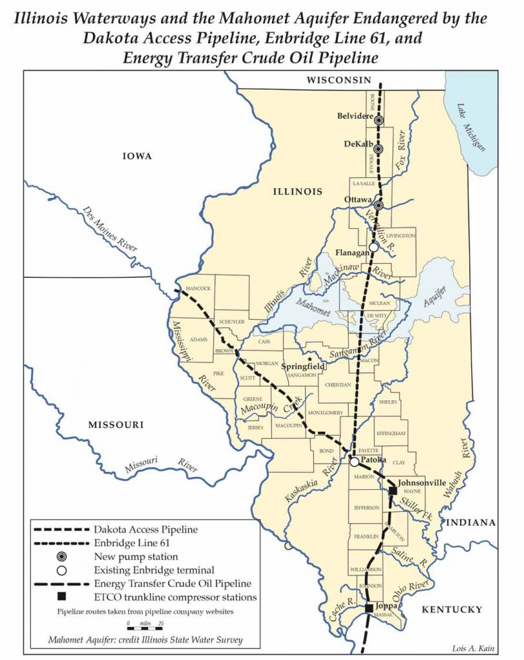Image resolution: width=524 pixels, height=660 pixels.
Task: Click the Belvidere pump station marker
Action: [x=379, y=120]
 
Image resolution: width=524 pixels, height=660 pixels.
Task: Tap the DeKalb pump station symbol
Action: [x=379, y=149]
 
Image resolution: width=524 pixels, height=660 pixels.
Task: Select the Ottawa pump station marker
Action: [x=379, y=206]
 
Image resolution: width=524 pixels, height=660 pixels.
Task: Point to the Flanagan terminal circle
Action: [x=373, y=247]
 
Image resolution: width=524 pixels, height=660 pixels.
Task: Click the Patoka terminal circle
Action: [x=354, y=461]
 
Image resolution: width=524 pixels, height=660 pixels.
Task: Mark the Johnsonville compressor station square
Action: [x=393, y=491]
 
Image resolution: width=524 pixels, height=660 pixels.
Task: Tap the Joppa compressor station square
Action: [x=368, y=608]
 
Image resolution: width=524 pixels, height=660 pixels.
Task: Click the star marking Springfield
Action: [x=309, y=359]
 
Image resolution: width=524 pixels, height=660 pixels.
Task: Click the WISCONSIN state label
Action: [x=339, y=80]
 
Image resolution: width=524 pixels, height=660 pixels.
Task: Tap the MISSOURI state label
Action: [x=116, y=425]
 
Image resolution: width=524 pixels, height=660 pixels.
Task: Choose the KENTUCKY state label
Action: [x=451, y=609]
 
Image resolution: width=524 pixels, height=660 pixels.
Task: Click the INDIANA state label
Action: [x=471, y=522]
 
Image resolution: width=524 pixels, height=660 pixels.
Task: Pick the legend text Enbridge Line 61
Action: [x=135, y=543]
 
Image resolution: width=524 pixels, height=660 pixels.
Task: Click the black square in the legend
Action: [x=62, y=597]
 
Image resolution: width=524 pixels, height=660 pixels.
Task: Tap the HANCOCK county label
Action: [x=198, y=288]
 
